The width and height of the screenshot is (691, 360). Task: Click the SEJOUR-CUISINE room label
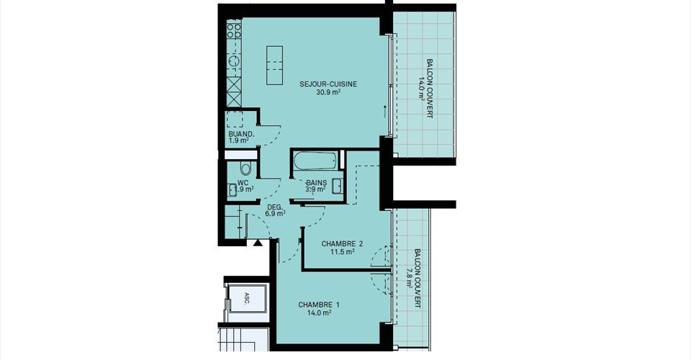[328, 84]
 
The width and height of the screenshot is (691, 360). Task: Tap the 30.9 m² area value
[328, 93]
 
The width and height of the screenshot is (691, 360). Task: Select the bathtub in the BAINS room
[315, 161]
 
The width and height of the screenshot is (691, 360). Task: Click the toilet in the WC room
[245, 168]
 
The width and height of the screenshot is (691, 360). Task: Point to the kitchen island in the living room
[274, 66]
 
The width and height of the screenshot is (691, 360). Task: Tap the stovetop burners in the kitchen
[234, 30]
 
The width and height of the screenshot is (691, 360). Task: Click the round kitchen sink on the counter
[234, 60]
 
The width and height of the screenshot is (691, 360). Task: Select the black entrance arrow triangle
[258, 243]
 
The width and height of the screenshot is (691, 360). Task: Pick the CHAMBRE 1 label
[319, 305]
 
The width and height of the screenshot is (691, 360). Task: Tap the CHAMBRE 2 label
[342, 243]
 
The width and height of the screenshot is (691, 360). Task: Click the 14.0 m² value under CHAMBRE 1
[319, 313]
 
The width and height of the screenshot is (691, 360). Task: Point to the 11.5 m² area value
[343, 252]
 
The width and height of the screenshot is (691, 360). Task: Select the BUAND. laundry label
[241, 134]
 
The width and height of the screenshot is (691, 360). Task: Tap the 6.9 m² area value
[275, 214]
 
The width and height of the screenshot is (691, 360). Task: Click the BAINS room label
[317, 182]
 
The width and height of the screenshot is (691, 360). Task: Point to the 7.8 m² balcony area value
[410, 278]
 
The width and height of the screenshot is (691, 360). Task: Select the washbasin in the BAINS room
[338, 186]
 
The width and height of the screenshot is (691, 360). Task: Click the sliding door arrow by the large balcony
[384, 112]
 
